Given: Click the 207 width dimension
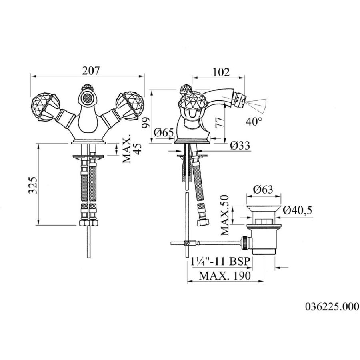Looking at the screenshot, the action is [91, 70].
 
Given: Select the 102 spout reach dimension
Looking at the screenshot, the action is [221, 72].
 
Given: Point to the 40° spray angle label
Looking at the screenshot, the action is [254, 122].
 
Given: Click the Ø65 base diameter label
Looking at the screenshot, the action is [164, 132].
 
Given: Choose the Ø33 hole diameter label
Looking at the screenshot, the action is [240, 145].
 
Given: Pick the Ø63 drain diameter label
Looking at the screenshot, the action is [263, 190].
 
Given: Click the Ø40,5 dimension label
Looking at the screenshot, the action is [298, 210].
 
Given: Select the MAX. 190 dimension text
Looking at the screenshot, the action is [224, 276].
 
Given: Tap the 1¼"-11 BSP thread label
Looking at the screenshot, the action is [221, 262].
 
